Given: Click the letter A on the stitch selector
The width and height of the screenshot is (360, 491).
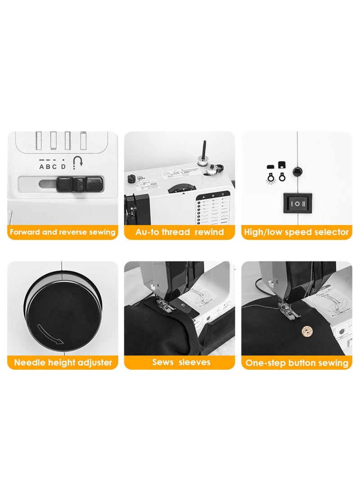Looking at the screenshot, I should pyautogui.click(x=42, y=167).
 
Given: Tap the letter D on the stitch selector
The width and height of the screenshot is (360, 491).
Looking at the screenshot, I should pyautogui.click(x=63, y=167).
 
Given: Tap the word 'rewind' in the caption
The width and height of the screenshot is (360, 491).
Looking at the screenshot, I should pyautogui.click(x=209, y=232).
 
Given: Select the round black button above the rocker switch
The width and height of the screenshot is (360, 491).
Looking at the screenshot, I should pyautogui.click(x=297, y=171).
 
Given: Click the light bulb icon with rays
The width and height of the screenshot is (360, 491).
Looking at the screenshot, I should pyautogui.click(x=271, y=177).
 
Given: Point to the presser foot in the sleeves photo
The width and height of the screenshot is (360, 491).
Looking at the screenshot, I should pyautogui.click(x=165, y=306).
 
